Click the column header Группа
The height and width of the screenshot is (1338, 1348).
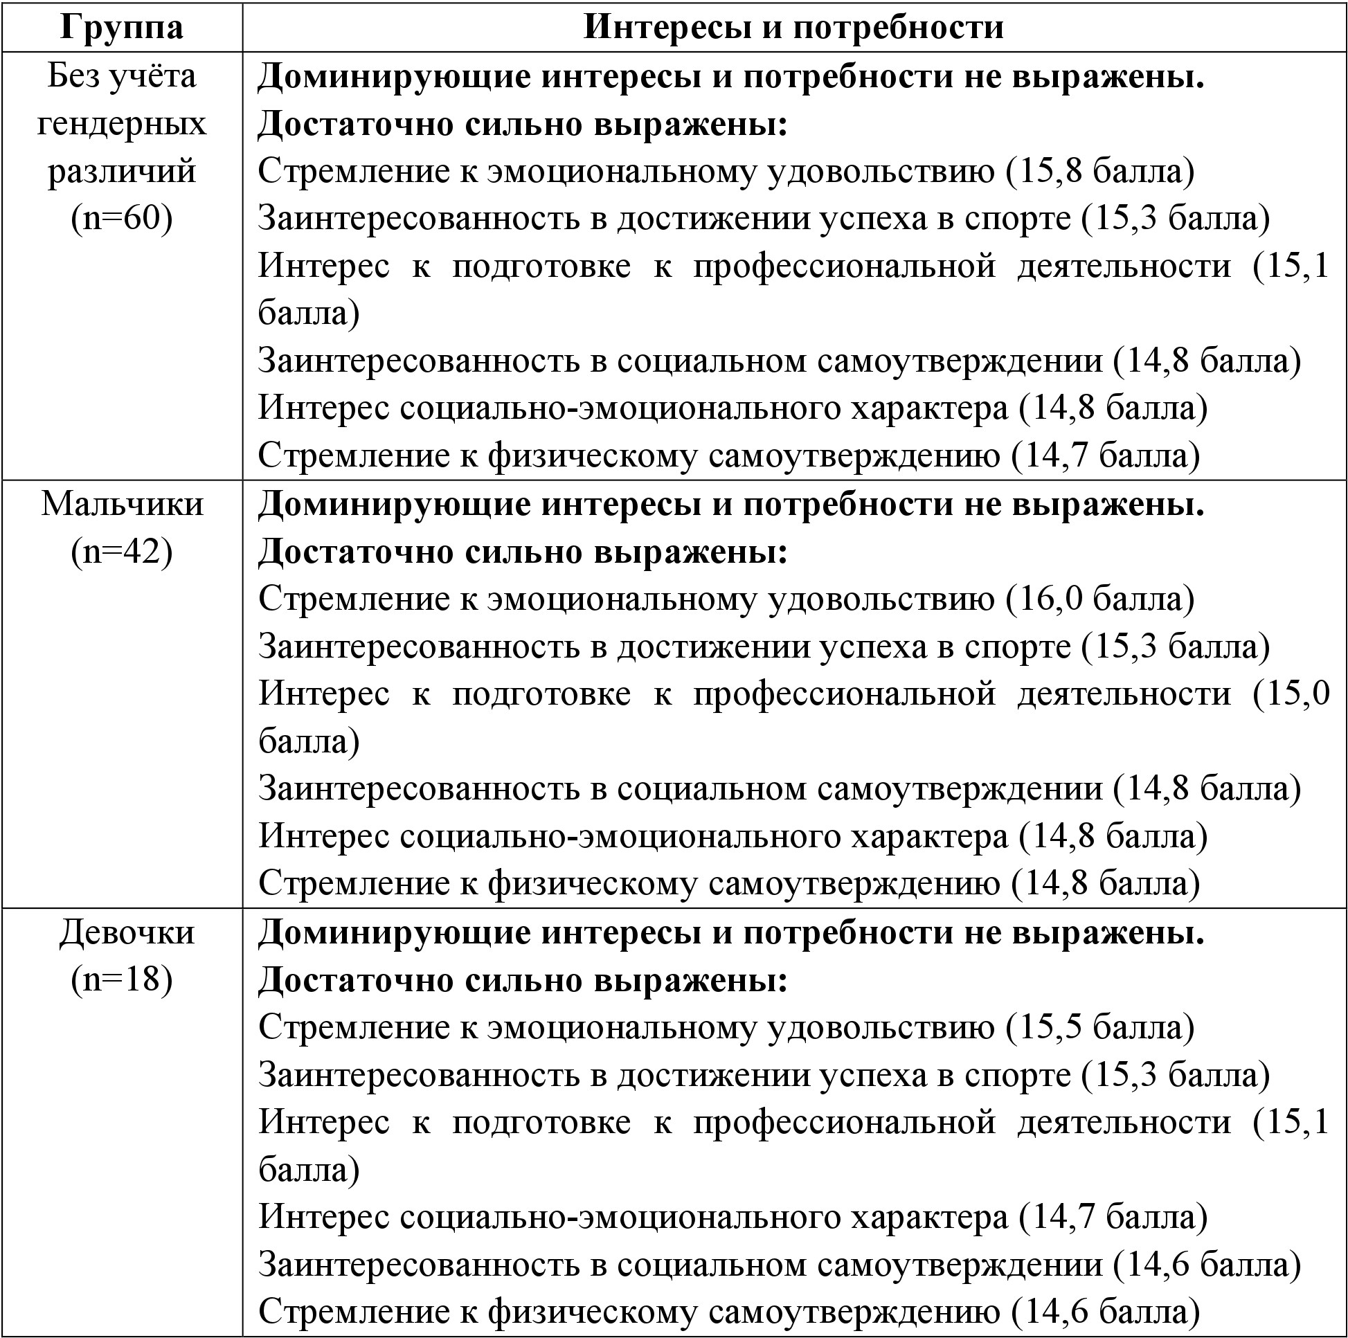[x=121, y=26]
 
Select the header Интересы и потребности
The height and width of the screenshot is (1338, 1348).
[x=793, y=26]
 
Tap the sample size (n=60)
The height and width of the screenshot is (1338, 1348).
[x=121, y=217]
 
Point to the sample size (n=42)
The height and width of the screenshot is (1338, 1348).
[x=121, y=551]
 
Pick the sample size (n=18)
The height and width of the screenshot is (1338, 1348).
[x=121, y=979]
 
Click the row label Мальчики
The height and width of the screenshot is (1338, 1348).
[x=122, y=504]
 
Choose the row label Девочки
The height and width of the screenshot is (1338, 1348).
[x=126, y=932]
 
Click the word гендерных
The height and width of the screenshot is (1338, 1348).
[x=121, y=124]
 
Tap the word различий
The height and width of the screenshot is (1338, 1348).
[x=121, y=171]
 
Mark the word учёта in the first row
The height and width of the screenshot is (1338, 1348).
[x=154, y=75]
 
